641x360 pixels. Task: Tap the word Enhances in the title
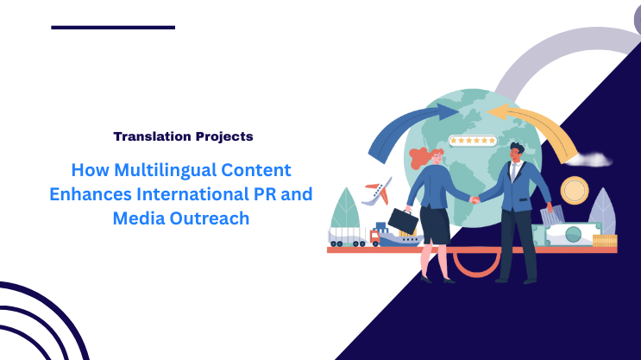click(x=106, y=194)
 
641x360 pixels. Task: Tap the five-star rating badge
click(x=472, y=140)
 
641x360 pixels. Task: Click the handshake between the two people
click(x=474, y=199)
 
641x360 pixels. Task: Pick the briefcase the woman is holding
click(x=403, y=221)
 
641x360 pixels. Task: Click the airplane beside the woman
click(x=376, y=193)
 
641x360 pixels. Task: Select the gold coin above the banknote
click(x=574, y=190)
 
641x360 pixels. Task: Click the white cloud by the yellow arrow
click(x=591, y=160)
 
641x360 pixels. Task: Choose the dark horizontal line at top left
click(x=113, y=28)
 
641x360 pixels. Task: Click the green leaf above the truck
click(x=345, y=208)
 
